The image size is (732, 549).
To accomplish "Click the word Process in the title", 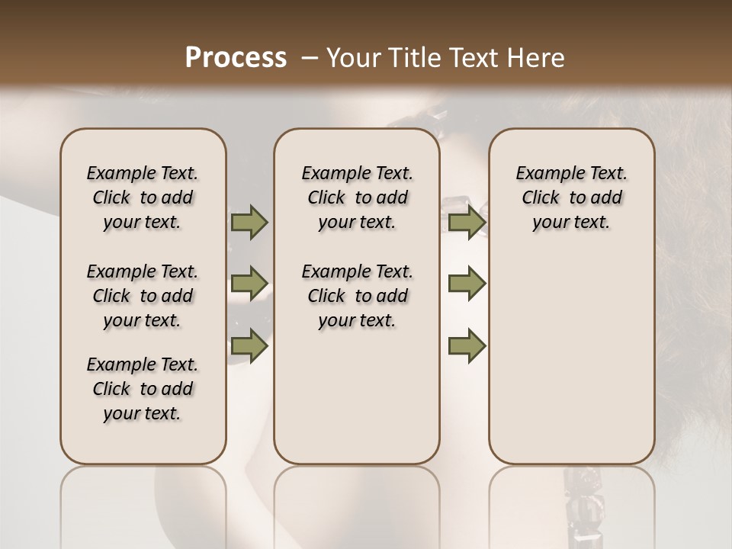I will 236,58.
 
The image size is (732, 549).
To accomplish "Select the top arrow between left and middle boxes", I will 249,222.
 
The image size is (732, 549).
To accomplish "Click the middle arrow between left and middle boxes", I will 249,284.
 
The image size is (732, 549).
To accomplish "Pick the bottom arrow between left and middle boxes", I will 249,345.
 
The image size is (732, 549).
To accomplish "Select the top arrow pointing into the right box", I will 467,222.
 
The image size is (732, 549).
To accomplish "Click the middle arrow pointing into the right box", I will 467,284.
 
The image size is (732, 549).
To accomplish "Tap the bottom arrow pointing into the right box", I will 467,345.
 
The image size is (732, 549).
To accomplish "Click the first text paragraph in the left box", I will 143,197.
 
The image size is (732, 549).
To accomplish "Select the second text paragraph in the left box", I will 143,296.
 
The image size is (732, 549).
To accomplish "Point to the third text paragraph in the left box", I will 143,389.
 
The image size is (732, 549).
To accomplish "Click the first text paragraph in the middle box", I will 357,197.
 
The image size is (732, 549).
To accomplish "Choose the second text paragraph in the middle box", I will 357,296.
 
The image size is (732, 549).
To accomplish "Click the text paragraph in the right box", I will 571,197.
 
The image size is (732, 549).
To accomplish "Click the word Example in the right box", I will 544,174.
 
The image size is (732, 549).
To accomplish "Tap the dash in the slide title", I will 310,58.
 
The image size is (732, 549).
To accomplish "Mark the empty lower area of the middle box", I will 357,396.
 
